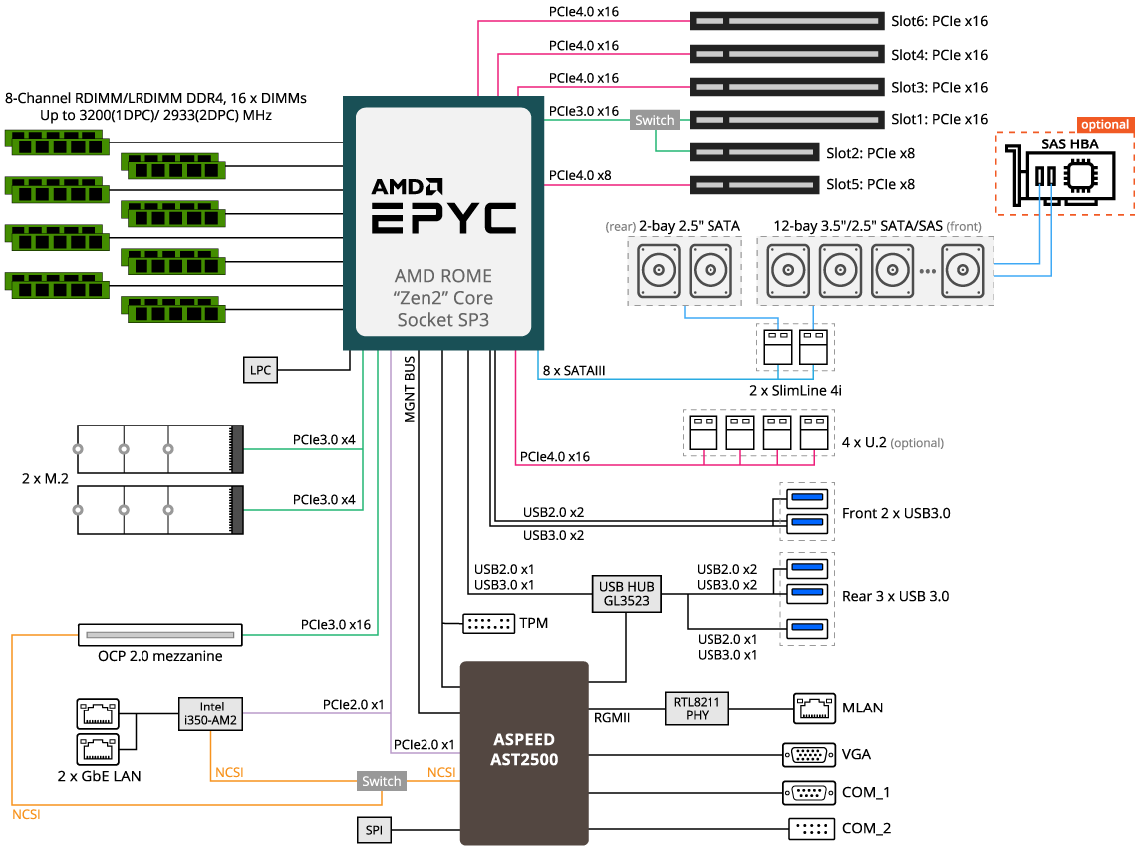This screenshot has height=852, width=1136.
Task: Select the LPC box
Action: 260,369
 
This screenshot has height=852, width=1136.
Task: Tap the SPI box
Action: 374,829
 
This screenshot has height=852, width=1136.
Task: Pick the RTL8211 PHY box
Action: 697,708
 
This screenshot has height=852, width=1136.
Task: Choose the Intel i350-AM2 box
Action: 211,712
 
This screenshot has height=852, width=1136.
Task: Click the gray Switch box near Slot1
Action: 655,120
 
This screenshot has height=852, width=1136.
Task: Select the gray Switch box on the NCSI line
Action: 382,781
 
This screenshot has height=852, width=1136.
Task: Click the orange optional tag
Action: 1105,125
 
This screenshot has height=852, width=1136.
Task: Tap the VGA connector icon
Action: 809,754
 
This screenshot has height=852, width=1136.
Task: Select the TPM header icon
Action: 488,624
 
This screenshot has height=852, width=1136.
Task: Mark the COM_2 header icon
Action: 810,828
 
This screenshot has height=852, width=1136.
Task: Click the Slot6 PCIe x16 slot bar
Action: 786,21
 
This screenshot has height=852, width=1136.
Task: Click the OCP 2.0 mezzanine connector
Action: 160,634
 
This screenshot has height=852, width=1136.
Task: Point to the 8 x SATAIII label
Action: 574,371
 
